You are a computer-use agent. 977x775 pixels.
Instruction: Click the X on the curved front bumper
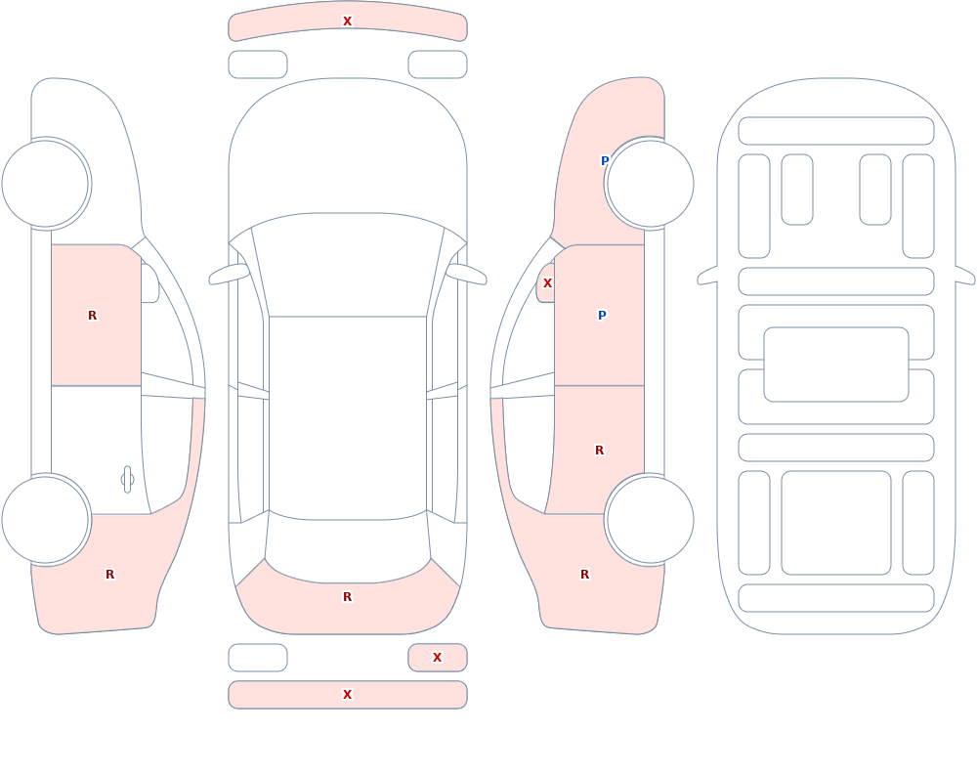347,22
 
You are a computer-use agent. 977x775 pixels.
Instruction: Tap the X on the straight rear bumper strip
347,695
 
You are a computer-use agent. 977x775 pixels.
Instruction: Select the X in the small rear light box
437,657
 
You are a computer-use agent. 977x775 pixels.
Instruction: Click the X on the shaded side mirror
547,283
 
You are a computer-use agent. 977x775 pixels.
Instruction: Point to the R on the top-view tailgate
347,597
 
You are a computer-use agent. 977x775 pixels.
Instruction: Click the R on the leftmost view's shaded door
92,316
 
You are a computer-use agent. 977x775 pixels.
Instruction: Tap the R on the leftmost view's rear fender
109,575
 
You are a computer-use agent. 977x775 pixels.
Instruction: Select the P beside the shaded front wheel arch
605,161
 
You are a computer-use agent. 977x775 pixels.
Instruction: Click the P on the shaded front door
602,316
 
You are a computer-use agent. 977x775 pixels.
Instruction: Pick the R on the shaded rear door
600,451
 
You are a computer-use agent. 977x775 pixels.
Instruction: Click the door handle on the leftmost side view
127,480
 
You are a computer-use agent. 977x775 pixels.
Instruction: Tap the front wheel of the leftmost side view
46,184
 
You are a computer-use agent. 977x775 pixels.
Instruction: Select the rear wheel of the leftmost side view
46,520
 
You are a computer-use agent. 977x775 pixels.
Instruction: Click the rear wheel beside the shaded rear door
650,520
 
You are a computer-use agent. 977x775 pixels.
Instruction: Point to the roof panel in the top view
348,417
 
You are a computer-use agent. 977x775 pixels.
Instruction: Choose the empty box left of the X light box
258,657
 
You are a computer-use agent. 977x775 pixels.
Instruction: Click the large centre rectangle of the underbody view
836,365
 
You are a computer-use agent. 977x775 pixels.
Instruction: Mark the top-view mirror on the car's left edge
230,274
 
